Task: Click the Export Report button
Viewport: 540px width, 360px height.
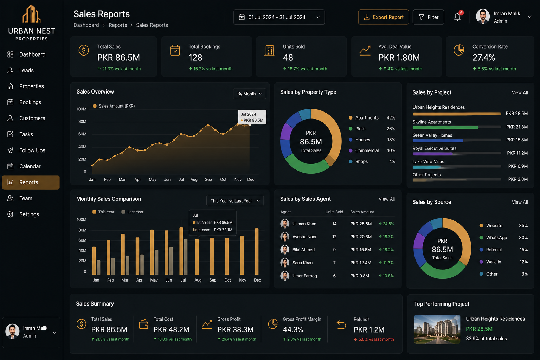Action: click(383, 17)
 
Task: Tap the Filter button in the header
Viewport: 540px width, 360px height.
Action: click(428, 17)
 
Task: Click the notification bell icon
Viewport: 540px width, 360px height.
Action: click(457, 17)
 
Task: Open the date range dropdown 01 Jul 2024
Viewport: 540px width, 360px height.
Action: click(279, 17)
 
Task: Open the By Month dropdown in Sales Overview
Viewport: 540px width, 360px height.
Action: click(250, 94)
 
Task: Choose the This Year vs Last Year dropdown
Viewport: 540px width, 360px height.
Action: click(235, 201)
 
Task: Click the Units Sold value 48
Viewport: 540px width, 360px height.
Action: click(288, 58)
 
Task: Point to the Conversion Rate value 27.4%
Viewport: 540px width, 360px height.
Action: click(484, 58)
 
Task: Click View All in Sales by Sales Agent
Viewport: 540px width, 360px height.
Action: click(387, 199)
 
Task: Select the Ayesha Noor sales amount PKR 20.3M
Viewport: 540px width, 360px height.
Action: click(361, 237)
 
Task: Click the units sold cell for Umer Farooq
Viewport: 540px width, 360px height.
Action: click(334, 276)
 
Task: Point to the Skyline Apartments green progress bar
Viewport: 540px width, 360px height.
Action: click(445, 127)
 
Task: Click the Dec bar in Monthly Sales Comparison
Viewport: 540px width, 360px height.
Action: click(257, 251)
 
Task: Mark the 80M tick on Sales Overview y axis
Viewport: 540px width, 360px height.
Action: click(82, 122)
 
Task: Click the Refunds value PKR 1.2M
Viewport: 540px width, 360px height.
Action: click(369, 330)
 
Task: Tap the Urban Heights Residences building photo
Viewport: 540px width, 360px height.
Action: click(437, 329)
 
